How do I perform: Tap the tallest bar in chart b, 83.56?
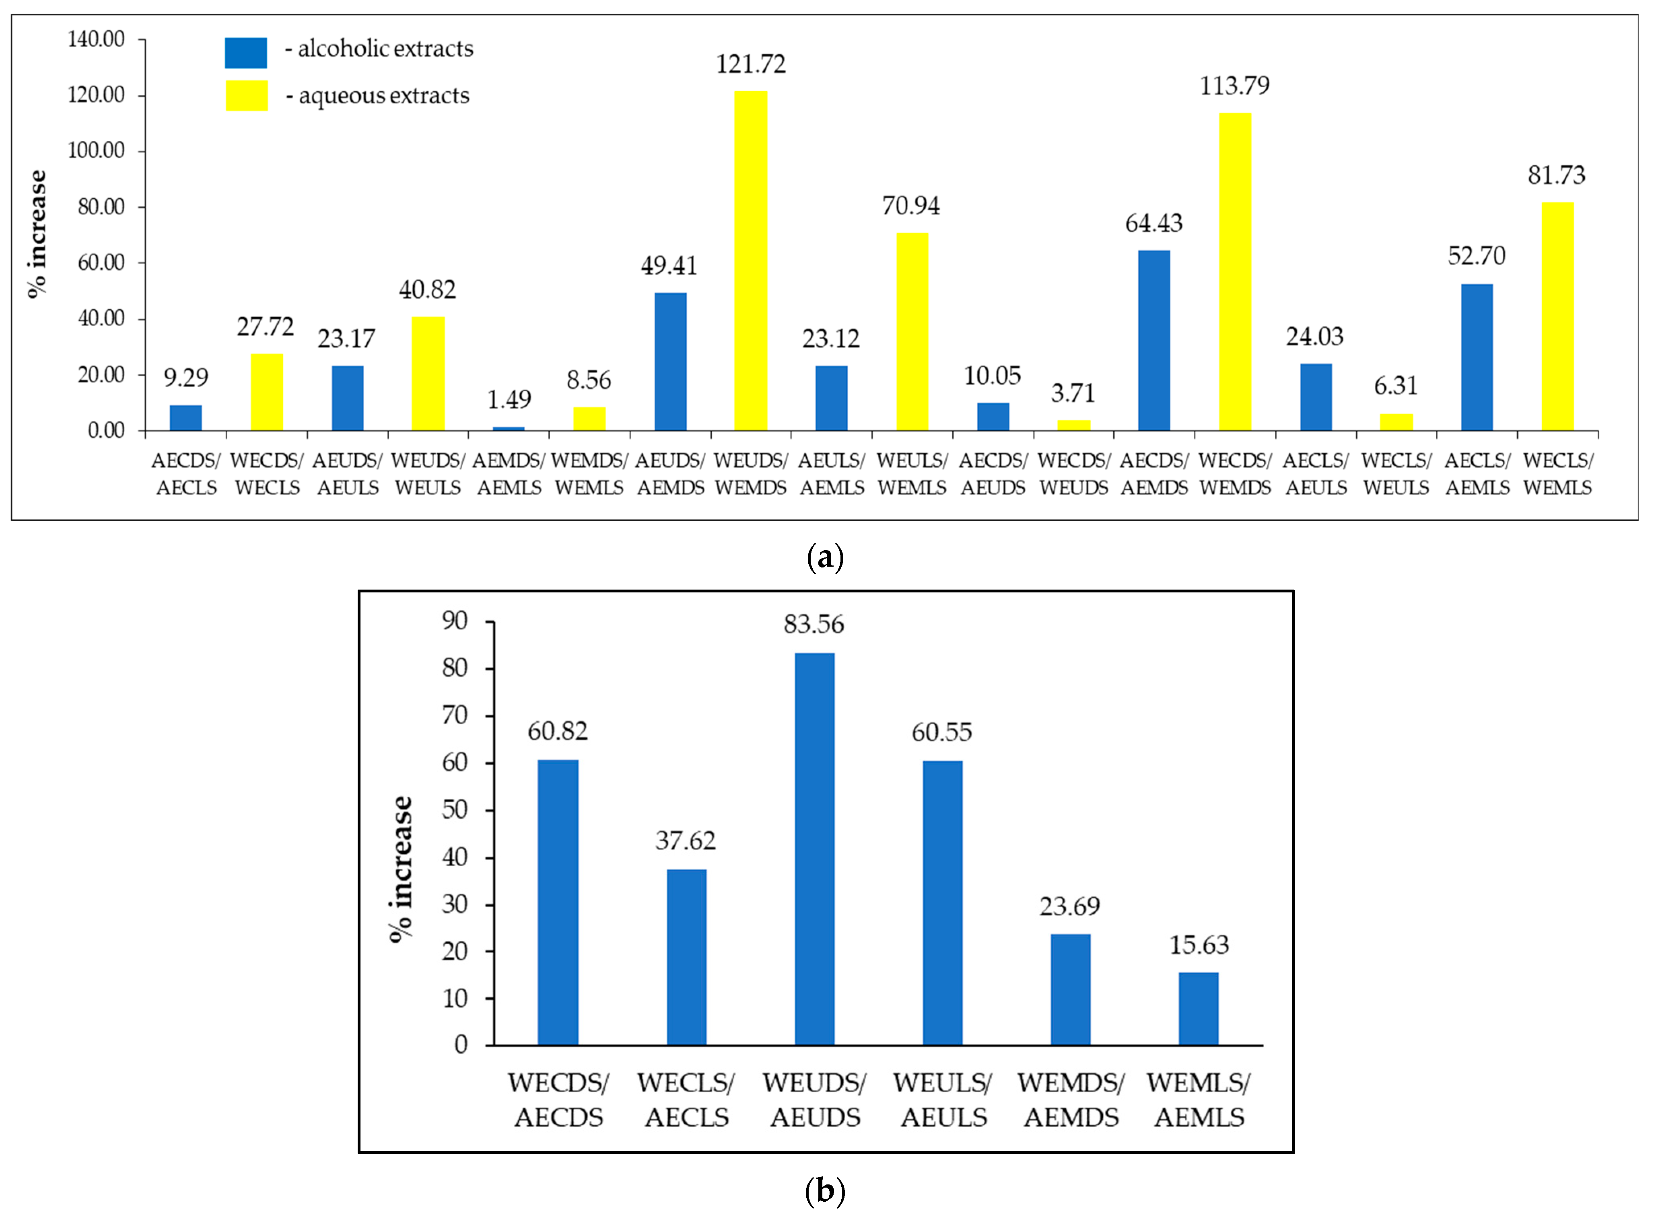click(x=814, y=849)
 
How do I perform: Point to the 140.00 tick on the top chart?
click(x=96, y=39)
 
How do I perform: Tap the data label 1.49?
click(x=509, y=400)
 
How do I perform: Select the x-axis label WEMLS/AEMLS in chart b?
click(x=1199, y=1100)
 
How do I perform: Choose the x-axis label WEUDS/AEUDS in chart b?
click(x=815, y=1100)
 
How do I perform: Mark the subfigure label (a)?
click(x=825, y=557)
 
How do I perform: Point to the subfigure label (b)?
click(x=825, y=1190)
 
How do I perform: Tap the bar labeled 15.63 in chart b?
click(x=1198, y=1009)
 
